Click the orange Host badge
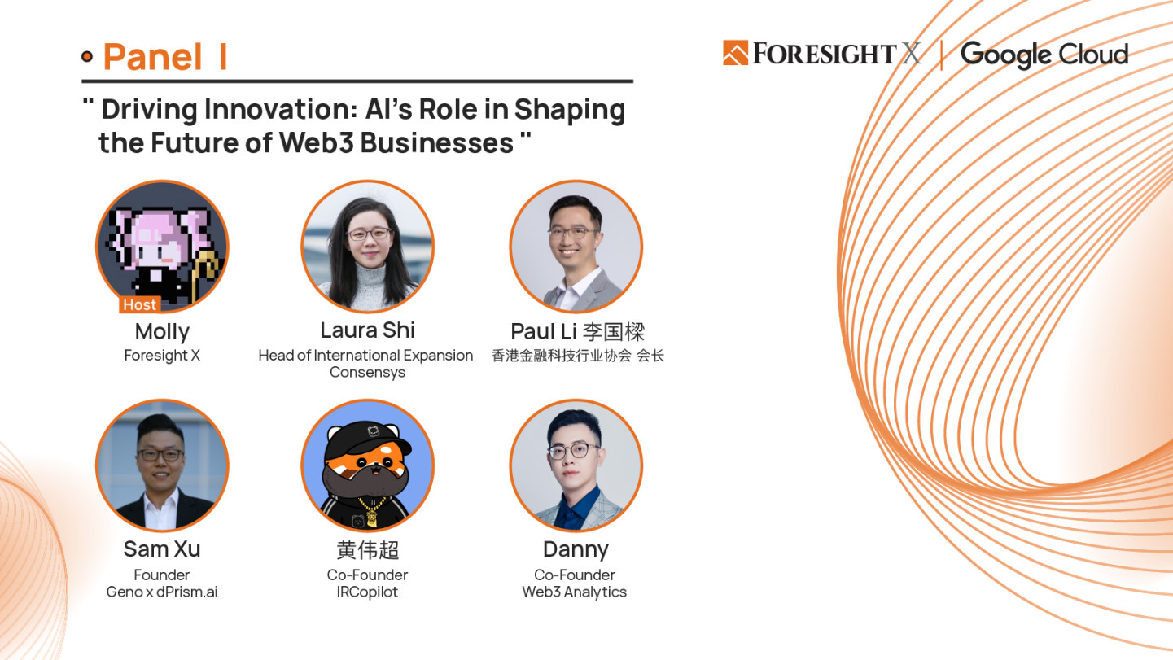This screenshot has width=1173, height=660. (140, 304)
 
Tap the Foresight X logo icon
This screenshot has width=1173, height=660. (735, 53)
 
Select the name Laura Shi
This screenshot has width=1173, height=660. (368, 330)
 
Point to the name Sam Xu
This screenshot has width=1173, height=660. (162, 549)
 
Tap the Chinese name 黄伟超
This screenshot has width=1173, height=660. (368, 550)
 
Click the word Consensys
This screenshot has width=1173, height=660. (368, 372)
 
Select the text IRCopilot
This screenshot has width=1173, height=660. (368, 592)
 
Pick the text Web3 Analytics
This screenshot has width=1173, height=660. (575, 592)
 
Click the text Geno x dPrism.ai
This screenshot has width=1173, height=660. (162, 592)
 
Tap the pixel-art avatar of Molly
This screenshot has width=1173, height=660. (162, 247)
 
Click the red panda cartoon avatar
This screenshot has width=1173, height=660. (368, 465)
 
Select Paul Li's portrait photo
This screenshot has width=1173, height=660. (576, 247)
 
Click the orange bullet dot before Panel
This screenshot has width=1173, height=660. (87, 56)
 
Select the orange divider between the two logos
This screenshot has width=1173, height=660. (942, 55)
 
